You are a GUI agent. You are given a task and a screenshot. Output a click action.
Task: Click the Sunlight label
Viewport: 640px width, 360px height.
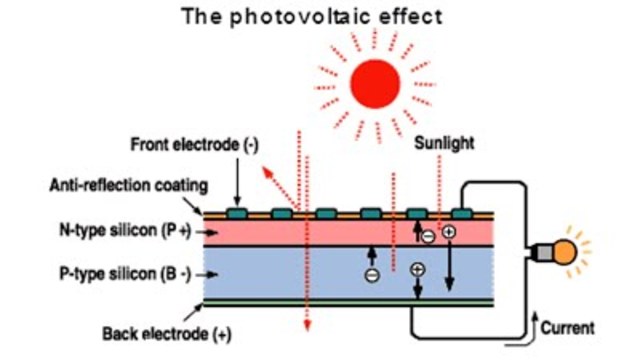tap(446, 144)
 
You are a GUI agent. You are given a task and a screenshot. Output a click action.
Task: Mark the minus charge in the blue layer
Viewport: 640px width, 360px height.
tap(371, 275)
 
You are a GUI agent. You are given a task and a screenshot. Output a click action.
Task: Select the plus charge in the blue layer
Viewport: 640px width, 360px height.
tap(418, 268)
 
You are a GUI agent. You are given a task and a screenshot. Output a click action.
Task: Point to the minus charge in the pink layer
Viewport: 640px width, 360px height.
tap(427, 236)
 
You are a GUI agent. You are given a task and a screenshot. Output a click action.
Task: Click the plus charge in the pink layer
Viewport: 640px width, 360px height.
tap(449, 231)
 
